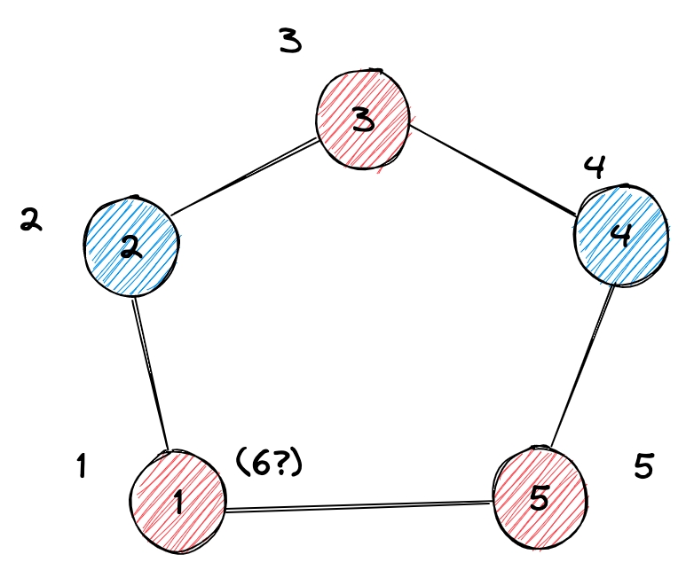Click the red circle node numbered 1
(177, 496)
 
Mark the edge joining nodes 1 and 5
(359, 506)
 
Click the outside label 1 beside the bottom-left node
(81, 465)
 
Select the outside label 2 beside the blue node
(31, 221)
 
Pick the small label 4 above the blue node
(595, 168)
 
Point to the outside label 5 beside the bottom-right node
(645, 465)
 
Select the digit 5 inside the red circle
(540, 498)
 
